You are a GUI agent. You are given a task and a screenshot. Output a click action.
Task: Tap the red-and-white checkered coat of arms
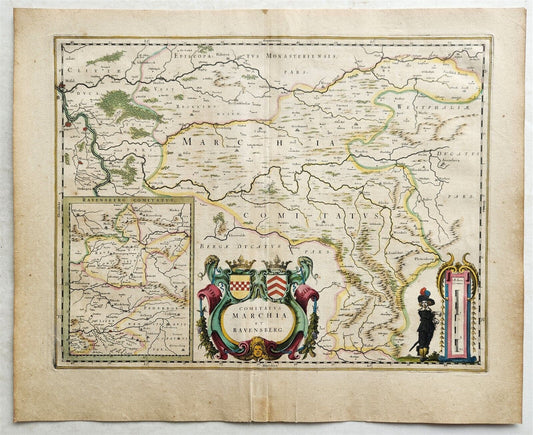[242, 287]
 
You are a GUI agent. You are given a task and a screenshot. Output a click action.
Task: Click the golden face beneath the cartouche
[260, 349]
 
